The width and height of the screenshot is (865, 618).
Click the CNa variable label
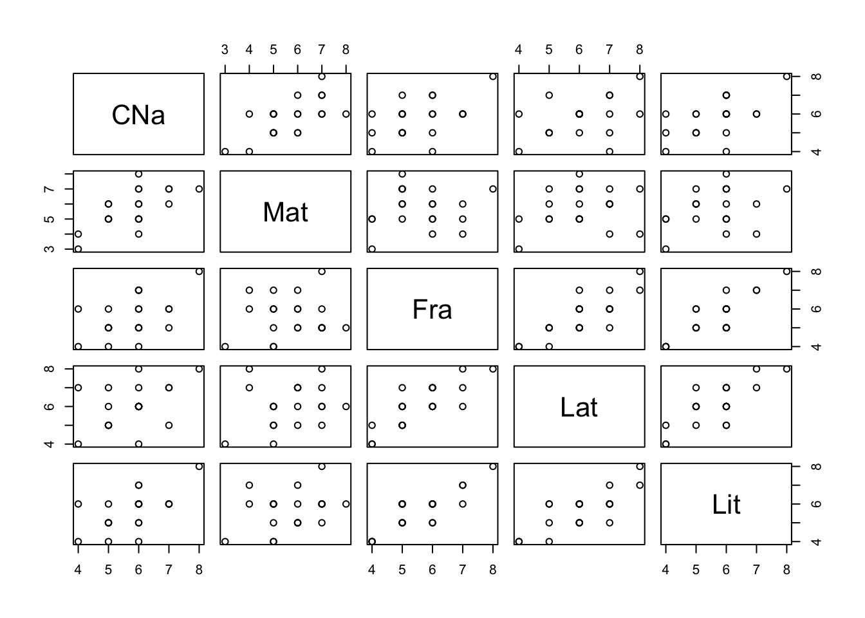point(138,115)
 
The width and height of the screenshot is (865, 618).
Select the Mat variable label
point(285,212)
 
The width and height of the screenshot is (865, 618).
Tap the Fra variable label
point(432,310)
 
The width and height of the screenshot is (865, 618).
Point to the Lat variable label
point(579,407)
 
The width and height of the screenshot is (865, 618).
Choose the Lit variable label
point(726,504)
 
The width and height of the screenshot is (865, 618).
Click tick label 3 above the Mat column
point(225,50)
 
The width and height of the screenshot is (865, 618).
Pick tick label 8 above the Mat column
point(346,50)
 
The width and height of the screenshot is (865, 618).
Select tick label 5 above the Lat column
point(548,50)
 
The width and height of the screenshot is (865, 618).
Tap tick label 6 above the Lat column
point(579,50)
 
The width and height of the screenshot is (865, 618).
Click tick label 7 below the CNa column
point(169,569)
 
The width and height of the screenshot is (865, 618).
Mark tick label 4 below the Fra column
point(371,569)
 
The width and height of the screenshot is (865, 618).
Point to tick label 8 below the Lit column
point(786,569)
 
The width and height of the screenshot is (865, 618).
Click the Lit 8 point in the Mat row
point(786,189)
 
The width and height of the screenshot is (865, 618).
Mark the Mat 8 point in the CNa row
point(346,114)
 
